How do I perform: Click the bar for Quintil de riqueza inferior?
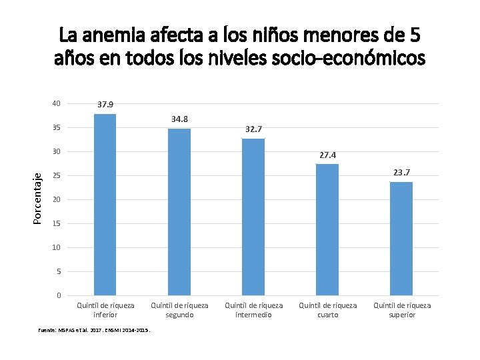tap(105, 205)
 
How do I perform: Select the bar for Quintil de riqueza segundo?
tap(179, 212)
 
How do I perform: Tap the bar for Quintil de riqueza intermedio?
tap(253, 217)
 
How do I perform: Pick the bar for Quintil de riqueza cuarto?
tap(327, 229)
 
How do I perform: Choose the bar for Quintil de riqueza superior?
tap(401, 239)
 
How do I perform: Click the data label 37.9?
tap(105, 105)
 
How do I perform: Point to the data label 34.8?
tap(179, 119)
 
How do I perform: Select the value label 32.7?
tap(253, 129)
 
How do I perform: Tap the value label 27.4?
tap(327, 155)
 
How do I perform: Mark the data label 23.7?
tap(401, 173)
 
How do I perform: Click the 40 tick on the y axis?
tap(57, 103)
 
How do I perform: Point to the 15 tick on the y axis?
tap(57, 223)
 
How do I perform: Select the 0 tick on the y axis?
tap(59, 295)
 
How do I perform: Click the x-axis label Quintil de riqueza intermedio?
tap(253, 310)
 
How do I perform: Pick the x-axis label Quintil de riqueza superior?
tap(401, 310)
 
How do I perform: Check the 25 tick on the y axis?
tap(57, 175)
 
